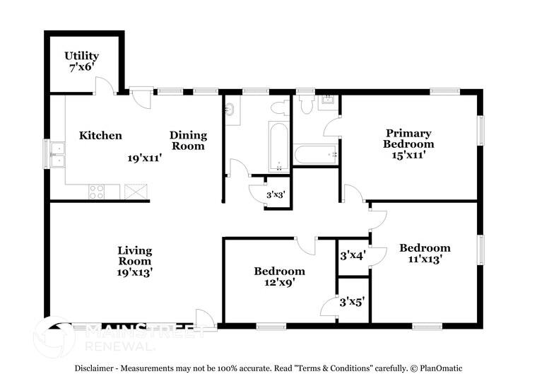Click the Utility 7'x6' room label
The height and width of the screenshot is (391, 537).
tap(82, 62)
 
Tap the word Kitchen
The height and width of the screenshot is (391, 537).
tap(100, 136)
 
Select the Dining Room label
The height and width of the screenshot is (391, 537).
tap(188, 141)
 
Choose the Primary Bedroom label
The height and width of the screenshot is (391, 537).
tap(409, 139)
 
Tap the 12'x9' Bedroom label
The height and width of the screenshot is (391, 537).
tap(280, 276)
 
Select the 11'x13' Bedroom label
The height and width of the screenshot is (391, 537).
tap(425, 253)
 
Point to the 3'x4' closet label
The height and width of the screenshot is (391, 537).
tap(352, 255)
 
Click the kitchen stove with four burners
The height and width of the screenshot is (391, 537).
tap(96, 191)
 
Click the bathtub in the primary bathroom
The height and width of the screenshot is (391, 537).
tap(315, 154)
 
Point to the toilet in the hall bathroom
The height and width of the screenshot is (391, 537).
tap(280, 107)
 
